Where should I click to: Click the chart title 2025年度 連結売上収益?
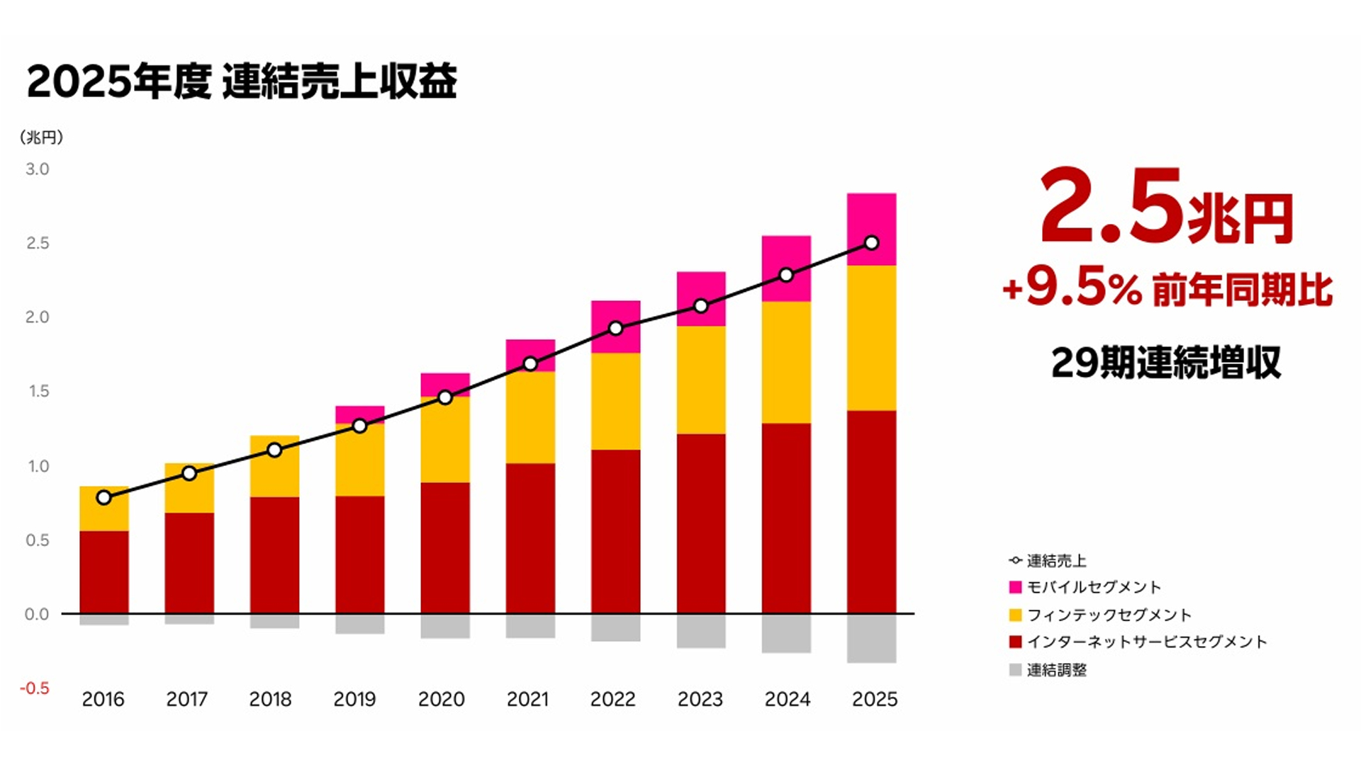(242, 81)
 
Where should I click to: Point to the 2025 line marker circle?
(872, 243)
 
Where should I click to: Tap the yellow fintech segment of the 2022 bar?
(615, 401)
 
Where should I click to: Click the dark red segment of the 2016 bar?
(104, 572)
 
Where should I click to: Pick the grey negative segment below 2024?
(786, 633)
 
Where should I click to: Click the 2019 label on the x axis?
(354, 699)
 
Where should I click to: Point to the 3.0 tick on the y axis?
(37, 169)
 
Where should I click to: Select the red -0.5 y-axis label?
(35, 688)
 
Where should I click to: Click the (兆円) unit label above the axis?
(41, 137)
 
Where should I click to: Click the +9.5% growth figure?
(1072, 289)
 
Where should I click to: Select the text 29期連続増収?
(1165, 363)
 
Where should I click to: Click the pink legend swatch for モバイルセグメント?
(1015, 587)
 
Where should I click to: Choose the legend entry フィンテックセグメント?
(1109, 615)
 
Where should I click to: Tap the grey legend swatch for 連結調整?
(1015, 670)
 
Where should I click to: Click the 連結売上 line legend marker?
(1015, 561)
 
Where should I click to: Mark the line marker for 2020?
(445, 397)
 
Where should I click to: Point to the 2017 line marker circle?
(189, 473)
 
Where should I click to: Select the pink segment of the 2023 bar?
(701, 290)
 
